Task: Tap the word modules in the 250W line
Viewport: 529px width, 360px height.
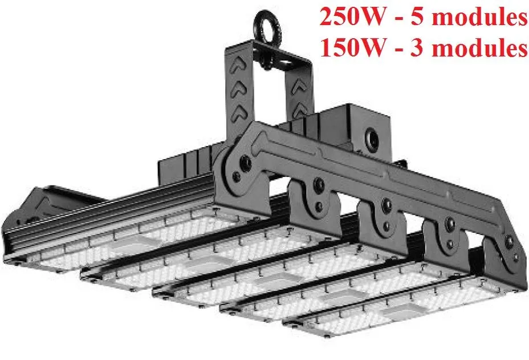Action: [x=483, y=17]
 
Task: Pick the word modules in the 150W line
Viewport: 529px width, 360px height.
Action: [x=483, y=48]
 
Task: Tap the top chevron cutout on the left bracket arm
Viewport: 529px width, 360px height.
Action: [x=239, y=69]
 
